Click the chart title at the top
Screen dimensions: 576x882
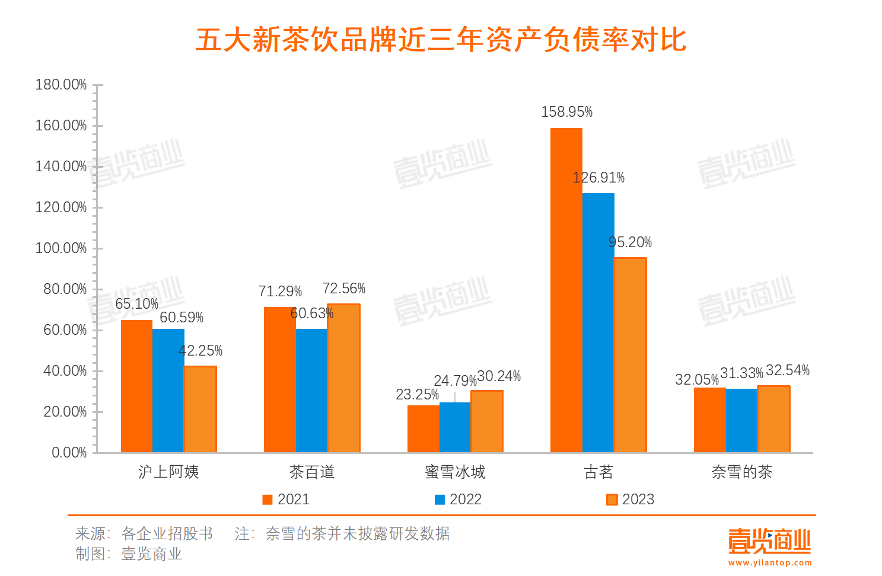pyautogui.click(x=441, y=40)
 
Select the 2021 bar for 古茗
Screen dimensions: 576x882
pyautogui.click(x=566, y=290)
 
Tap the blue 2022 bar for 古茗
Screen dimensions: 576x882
pyautogui.click(x=598, y=323)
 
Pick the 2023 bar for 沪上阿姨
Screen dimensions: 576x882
pyautogui.click(x=200, y=409)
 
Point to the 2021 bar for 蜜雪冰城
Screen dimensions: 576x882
pyautogui.click(x=423, y=429)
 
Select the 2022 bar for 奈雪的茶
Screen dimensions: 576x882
pyautogui.click(x=741, y=421)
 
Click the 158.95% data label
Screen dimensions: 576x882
pyautogui.click(x=566, y=112)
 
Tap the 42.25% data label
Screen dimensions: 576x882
pyautogui.click(x=200, y=351)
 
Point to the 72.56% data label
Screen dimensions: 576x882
pyautogui.click(x=344, y=289)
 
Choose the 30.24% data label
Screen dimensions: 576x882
pyautogui.click(x=499, y=376)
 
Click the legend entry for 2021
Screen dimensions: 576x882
pyautogui.click(x=286, y=500)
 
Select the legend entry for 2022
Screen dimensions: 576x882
pyautogui.click(x=458, y=500)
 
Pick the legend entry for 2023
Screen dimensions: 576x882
pyautogui.click(x=630, y=500)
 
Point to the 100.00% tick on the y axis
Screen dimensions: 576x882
pyautogui.click(x=61, y=248)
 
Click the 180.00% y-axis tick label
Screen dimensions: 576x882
pyautogui.click(x=61, y=85)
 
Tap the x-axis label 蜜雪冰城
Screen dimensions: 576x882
pyautogui.click(x=455, y=472)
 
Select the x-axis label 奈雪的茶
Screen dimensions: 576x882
pyautogui.click(x=741, y=472)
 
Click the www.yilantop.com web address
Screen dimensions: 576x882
pyautogui.click(x=770, y=563)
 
